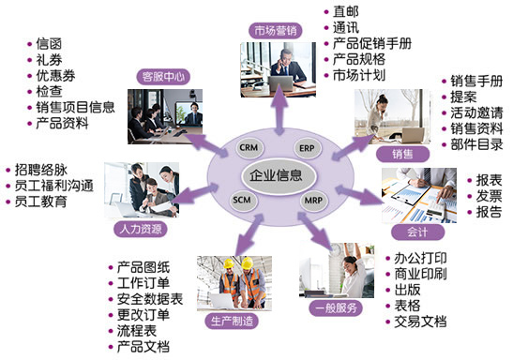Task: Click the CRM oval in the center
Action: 249,147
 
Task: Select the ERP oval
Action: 307,148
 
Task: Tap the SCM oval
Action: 242,200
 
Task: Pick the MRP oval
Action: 313,200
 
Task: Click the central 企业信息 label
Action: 277,175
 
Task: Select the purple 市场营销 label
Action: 276,31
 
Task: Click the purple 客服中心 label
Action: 163,77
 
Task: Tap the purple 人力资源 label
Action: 141,229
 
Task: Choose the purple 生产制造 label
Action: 232,321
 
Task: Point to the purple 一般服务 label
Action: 336,308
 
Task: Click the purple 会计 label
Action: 417,232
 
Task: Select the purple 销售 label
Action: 402,154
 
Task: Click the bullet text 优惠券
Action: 55,76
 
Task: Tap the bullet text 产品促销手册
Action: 372,43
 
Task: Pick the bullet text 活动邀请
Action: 476,112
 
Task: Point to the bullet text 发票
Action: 489,196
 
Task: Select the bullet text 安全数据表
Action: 150,299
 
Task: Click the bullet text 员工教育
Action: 41,202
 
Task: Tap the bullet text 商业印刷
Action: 420,274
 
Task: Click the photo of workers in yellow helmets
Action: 234,283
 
